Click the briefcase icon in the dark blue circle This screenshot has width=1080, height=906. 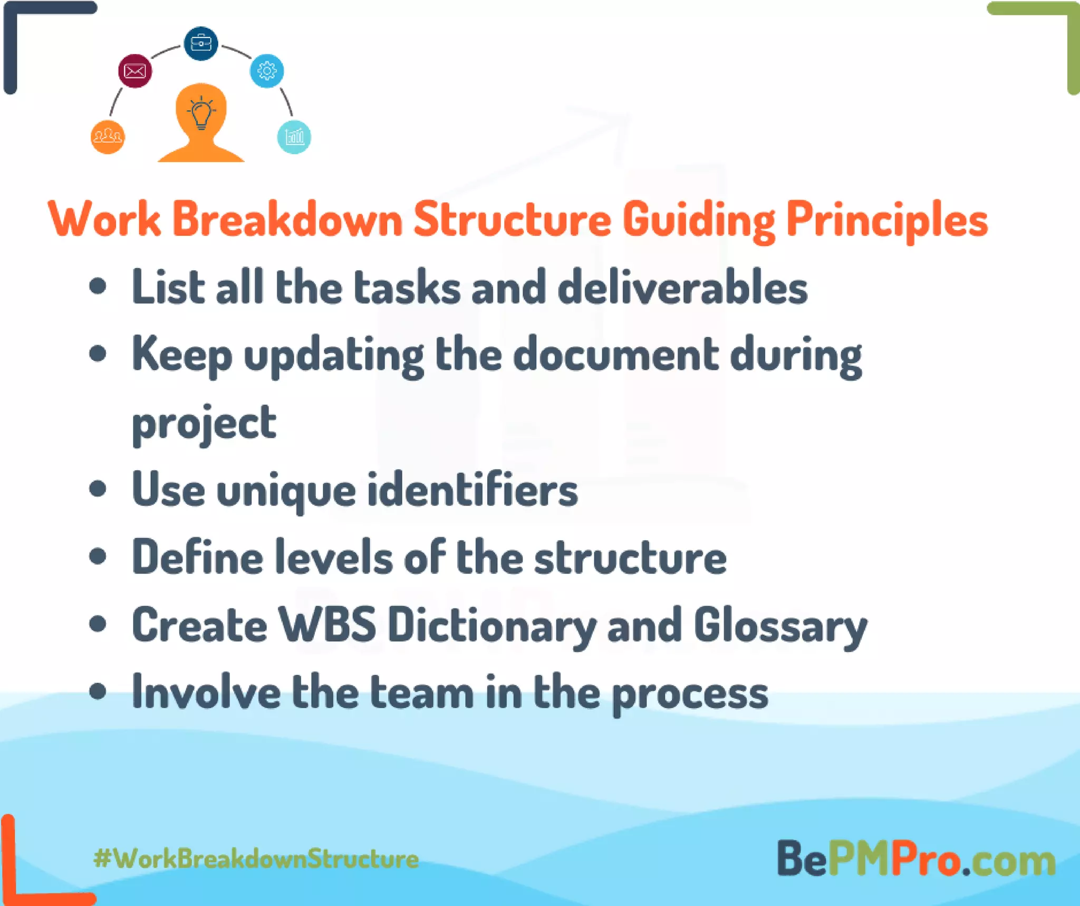[x=200, y=43]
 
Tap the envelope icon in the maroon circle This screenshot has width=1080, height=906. [x=135, y=71]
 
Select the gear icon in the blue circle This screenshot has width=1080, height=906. [x=267, y=71]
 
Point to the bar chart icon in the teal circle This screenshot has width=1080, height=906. [x=294, y=137]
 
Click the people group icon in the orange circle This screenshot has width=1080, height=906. [x=108, y=137]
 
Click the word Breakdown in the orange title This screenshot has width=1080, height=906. [x=287, y=220]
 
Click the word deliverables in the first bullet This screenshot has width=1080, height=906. [x=682, y=288]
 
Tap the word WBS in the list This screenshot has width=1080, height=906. [x=327, y=625]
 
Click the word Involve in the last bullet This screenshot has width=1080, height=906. [x=206, y=692]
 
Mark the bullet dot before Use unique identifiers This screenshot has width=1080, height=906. [x=98, y=489]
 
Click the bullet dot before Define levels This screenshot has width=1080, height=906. [x=98, y=556]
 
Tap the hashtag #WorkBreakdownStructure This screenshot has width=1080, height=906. [x=256, y=859]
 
